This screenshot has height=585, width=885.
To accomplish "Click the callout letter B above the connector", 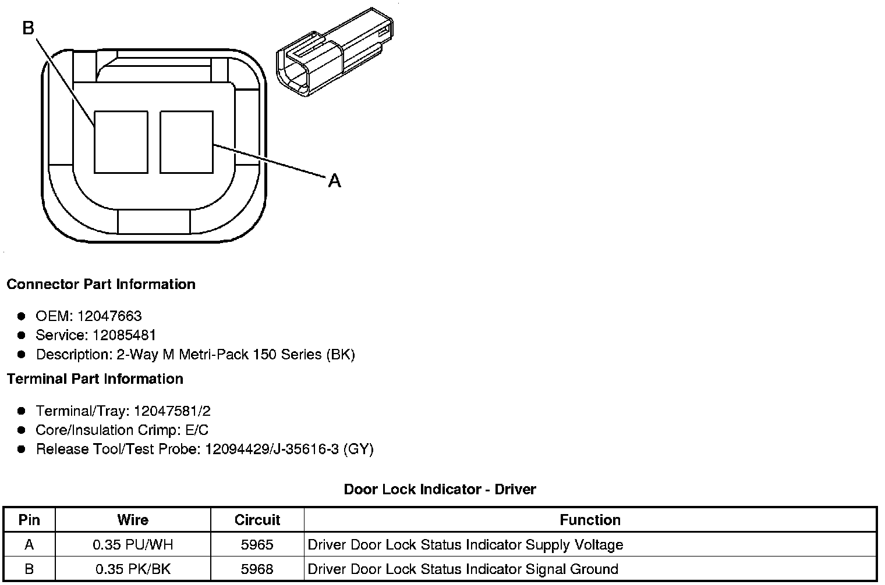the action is pos(29,27).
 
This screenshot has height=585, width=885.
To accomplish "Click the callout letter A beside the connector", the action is pos(334,181).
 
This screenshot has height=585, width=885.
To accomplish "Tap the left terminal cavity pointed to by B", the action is pos(121,142).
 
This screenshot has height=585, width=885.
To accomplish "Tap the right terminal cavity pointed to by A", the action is pos(186,142).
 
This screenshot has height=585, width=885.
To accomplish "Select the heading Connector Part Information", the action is pos(101,284).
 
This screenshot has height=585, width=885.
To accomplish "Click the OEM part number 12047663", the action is pos(109,316).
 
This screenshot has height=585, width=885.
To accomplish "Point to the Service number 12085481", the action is pos(124,335).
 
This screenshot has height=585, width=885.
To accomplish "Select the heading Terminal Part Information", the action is pos(95,379).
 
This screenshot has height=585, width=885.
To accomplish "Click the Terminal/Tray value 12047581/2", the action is pos(172,411).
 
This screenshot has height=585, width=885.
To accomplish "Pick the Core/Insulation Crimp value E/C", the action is pos(194,430).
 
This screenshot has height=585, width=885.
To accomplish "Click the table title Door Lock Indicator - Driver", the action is pos(440,489).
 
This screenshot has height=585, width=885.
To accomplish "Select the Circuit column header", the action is pos(257,520).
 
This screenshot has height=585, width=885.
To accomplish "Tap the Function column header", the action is pos(590,520).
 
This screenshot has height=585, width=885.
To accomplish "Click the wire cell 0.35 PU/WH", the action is pos(133,545).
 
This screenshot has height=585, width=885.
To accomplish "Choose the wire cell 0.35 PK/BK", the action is pos(133,569).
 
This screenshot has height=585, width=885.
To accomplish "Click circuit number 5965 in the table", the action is pos(257,545).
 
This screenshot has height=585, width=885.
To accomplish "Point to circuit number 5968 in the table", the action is pos(257,569).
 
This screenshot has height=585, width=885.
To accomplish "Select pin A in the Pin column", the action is pos(29,545).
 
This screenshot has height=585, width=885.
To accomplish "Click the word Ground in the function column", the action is pos(595,569).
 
